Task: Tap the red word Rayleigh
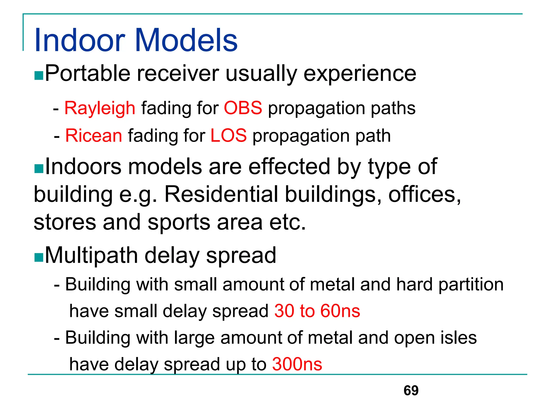(x=100, y=108)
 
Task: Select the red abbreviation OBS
(x=243, y=108)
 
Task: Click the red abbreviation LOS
(x=228, y=135)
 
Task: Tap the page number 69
(x=411, y=391)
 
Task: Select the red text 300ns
(x=297, y=364)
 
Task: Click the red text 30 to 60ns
(x=317, y=311)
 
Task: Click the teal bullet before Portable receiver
(x=39, y=76)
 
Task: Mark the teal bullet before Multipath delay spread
(x=39, y=258)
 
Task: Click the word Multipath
(x=91, y=256)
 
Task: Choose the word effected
(x=289, y=167)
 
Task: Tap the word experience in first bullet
(x=360, y=74)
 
